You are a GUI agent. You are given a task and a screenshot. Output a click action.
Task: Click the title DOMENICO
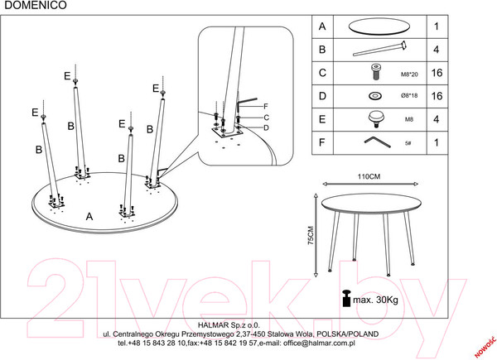(36, 5)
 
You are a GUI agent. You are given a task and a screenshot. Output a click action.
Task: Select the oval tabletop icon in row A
(379, 26)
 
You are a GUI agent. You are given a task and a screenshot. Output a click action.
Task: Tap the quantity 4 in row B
(437, 50)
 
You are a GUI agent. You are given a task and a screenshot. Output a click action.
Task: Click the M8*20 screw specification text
(409, 74)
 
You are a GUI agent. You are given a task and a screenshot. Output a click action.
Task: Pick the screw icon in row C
(376, 72)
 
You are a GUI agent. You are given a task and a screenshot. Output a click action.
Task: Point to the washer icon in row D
(375, 96)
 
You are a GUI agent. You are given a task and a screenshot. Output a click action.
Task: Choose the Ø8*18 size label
(409, 95)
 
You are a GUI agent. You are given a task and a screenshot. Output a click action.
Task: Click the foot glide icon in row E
(376, 119)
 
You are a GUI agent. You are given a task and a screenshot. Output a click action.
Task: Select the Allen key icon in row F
(377, 142)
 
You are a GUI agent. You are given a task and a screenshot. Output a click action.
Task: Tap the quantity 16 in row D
(437, 96)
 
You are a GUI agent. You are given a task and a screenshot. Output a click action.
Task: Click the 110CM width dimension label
(369, 176)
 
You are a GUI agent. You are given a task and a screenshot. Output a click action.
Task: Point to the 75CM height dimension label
(311, 235)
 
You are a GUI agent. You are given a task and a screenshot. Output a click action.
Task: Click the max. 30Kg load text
(375, 300)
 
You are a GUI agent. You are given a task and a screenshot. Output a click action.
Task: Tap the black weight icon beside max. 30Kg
(346, 298)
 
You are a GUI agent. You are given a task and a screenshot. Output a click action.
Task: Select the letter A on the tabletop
(89, 217)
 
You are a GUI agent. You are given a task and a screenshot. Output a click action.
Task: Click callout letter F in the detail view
(266, 107)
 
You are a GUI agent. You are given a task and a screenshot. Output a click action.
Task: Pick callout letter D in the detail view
(266, 128)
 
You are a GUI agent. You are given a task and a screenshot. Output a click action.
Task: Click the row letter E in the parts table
(322, 119)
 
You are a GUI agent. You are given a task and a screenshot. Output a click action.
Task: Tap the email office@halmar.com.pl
(319, 343)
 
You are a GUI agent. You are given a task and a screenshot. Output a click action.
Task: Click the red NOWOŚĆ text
(485, 345)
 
